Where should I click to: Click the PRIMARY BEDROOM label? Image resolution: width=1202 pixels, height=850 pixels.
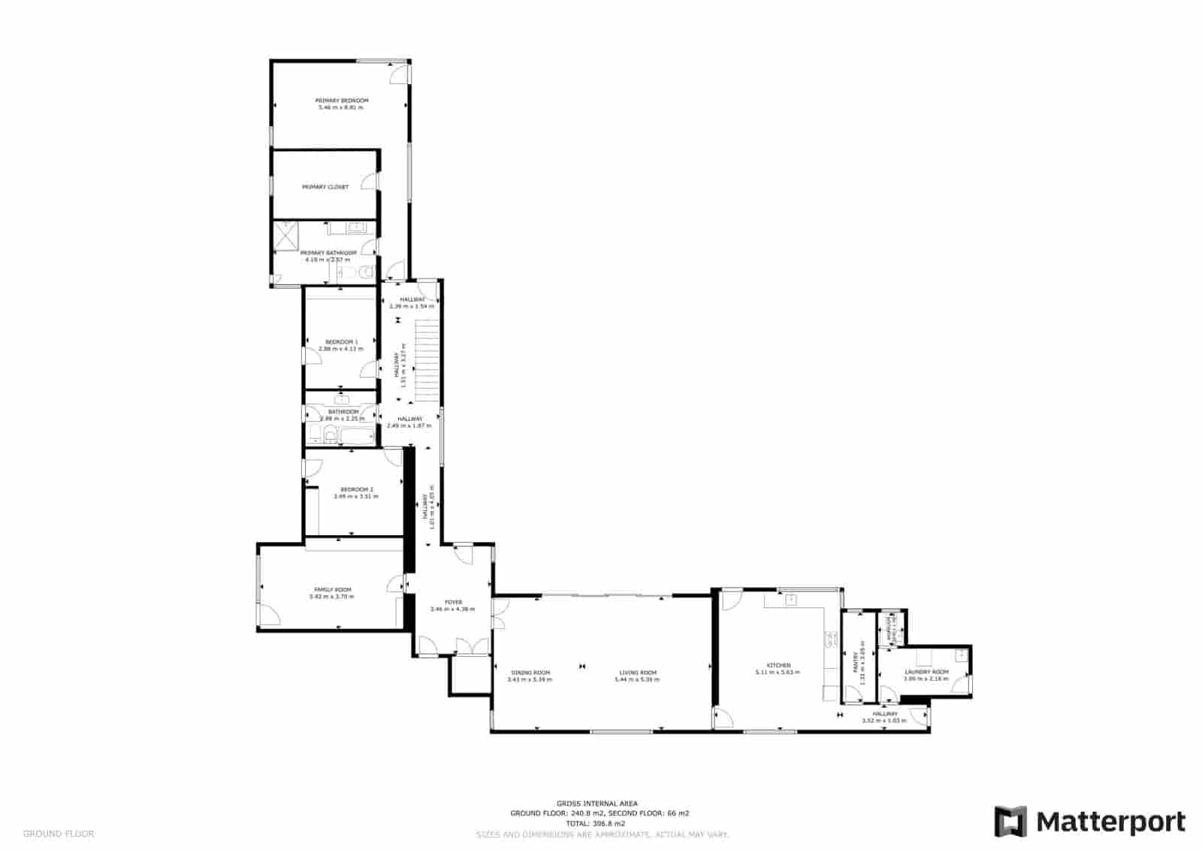click(342, 100)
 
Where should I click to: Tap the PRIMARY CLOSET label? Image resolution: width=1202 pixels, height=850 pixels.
click(325, 187)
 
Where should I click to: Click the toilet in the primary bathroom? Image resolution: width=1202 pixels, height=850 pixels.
click(367, 272)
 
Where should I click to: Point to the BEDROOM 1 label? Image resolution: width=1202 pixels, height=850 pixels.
click(341, 342)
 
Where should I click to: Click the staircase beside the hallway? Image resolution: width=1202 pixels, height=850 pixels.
click(426, 359)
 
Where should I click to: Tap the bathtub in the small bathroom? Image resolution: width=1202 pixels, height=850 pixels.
click(357, 434)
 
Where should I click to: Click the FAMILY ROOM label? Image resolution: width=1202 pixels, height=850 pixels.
click(332, 589)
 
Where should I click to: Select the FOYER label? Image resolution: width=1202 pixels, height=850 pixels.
click(453, 602)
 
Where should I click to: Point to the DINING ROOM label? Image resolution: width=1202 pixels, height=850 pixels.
click(530, 673)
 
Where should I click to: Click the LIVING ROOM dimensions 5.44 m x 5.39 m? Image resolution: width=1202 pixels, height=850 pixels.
click(637, 679)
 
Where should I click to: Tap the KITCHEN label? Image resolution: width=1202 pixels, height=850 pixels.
click(778, 665)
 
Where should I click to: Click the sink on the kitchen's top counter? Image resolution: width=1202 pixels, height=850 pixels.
click(790, 599)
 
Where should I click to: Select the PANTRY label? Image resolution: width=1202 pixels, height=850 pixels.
click(855, 662)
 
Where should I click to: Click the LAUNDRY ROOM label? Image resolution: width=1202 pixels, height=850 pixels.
click(926, 671)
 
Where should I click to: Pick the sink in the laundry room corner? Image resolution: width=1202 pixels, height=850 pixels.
click(961, 654)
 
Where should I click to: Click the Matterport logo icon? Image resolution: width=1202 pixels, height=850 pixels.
click(1010, 821)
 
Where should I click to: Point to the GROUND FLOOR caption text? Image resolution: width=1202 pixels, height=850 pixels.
click(59, 833)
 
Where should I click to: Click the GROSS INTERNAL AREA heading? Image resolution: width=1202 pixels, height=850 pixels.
click(597, 803)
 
